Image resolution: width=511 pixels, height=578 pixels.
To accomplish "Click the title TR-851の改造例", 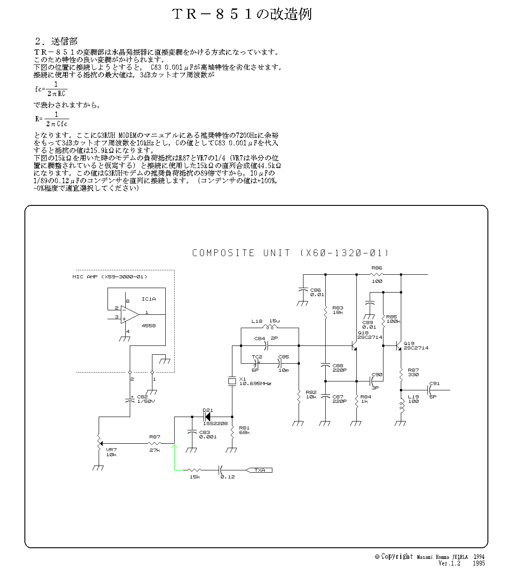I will (x=242, y=14).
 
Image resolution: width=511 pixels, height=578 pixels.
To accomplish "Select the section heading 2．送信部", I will (x=56, y=41).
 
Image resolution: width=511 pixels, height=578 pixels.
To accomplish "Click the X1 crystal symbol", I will (x=232, y=381).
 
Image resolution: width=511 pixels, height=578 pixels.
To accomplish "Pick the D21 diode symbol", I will (x=207, y=417).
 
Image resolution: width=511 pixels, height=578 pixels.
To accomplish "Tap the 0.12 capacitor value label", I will (x=228, y=477).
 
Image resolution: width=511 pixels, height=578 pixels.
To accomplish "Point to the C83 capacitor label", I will (x=204, y=432).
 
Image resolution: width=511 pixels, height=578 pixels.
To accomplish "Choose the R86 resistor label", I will (x=377, y=268).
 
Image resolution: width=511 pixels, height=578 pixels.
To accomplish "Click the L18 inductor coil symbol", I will (x=270, y=327).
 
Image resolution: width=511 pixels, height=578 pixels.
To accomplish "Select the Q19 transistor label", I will (x=409, y=343).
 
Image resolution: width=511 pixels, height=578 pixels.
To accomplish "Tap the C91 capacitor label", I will (x=435, y=383).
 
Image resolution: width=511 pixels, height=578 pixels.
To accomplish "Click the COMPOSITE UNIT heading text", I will (x=291, y=253).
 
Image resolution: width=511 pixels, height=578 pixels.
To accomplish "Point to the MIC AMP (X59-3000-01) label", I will (x=109, y=277).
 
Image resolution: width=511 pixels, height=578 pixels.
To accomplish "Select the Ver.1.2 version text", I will (x=449, y=563).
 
